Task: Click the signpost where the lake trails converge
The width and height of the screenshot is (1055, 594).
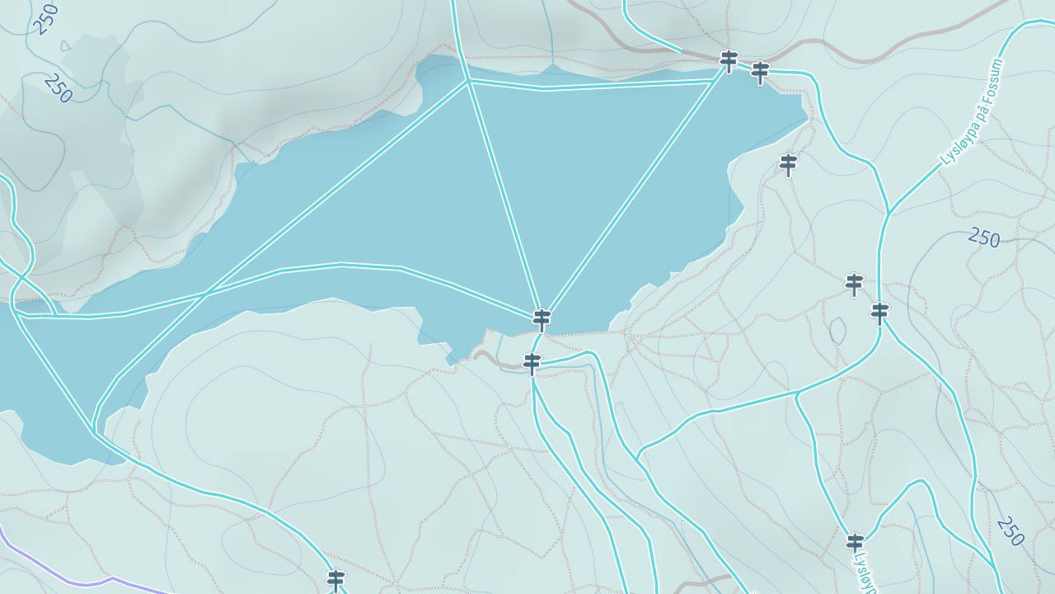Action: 542,318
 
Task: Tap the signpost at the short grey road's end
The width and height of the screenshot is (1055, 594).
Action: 532,362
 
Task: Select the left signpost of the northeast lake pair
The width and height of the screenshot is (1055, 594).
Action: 729,60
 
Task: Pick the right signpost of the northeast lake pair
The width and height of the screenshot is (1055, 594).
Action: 760,73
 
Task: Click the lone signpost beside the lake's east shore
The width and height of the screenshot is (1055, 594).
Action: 789,164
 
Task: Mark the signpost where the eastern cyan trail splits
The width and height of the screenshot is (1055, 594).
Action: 880,313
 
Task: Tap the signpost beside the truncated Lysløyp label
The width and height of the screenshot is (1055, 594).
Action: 855,542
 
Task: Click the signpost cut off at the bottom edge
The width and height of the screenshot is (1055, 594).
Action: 335,579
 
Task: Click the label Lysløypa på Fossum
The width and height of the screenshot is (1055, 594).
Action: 972,112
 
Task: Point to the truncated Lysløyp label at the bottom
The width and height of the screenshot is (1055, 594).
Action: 860,573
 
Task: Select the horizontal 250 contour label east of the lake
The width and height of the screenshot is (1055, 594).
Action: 984,239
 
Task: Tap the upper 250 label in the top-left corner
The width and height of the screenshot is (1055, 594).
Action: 46,18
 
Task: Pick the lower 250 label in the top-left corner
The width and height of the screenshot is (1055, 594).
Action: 59,88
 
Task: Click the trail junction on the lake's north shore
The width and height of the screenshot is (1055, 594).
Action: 468,81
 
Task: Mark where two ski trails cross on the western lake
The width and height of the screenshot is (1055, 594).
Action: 206,293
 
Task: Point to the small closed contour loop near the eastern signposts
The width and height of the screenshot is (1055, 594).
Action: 837,332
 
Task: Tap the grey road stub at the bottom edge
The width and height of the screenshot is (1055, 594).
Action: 705,582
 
